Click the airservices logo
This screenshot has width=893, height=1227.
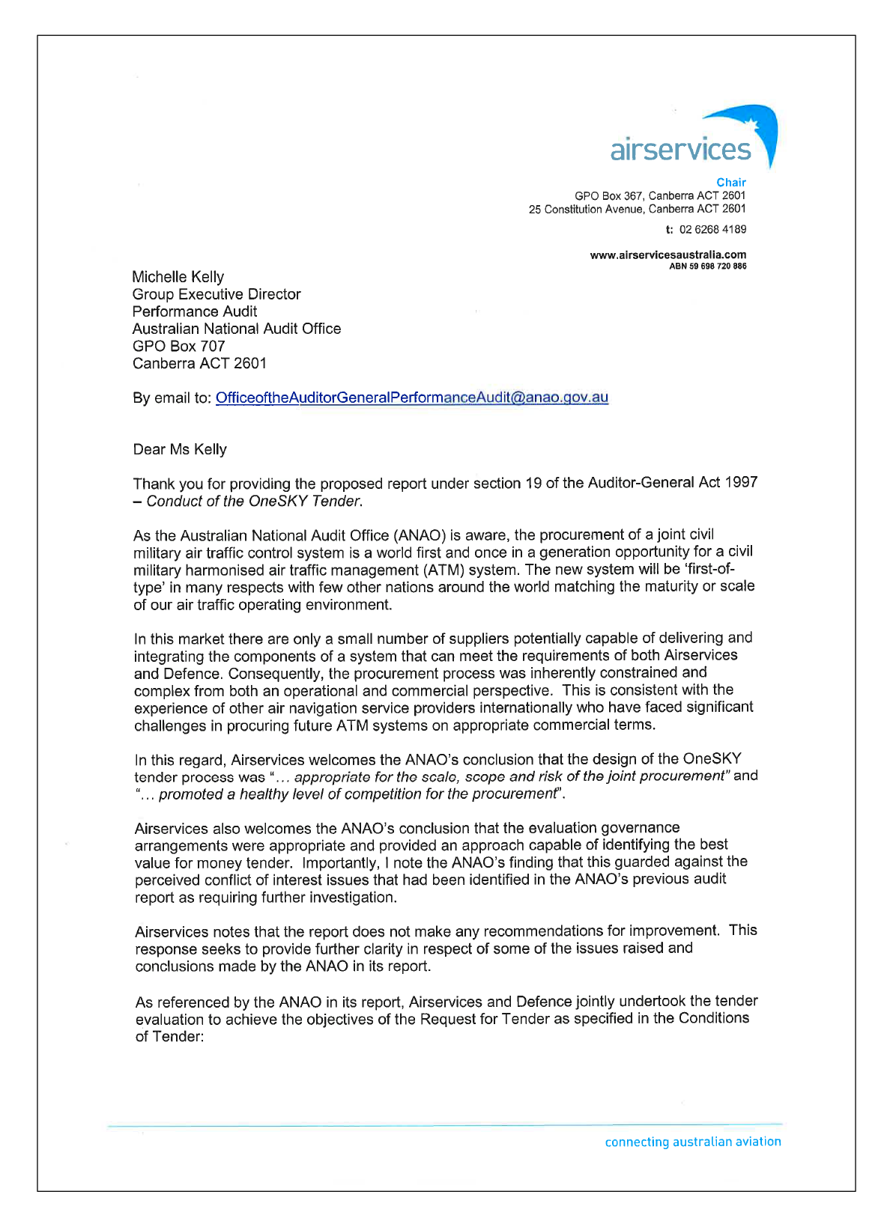pos(693,138)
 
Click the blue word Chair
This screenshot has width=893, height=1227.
pos(730,182)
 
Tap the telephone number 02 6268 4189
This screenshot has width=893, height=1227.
pos(712,229)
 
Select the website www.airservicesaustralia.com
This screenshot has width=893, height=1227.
pos(668,255)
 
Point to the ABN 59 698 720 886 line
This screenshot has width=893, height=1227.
pos(707,266)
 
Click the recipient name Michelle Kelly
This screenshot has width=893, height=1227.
pos(178,277)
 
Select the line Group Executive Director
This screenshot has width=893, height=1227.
pos(217,294)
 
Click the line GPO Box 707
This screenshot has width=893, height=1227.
pos(178,346)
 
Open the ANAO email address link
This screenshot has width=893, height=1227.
pos(411,398)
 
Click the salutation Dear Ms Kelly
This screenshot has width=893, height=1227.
pos(180,449)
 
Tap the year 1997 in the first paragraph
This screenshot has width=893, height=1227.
pos(741,483)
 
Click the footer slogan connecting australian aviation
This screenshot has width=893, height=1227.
pos(692,1142)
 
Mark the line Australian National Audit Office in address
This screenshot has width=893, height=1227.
pos(236,329)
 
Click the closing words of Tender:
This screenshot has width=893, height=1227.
pos(169,1037)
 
